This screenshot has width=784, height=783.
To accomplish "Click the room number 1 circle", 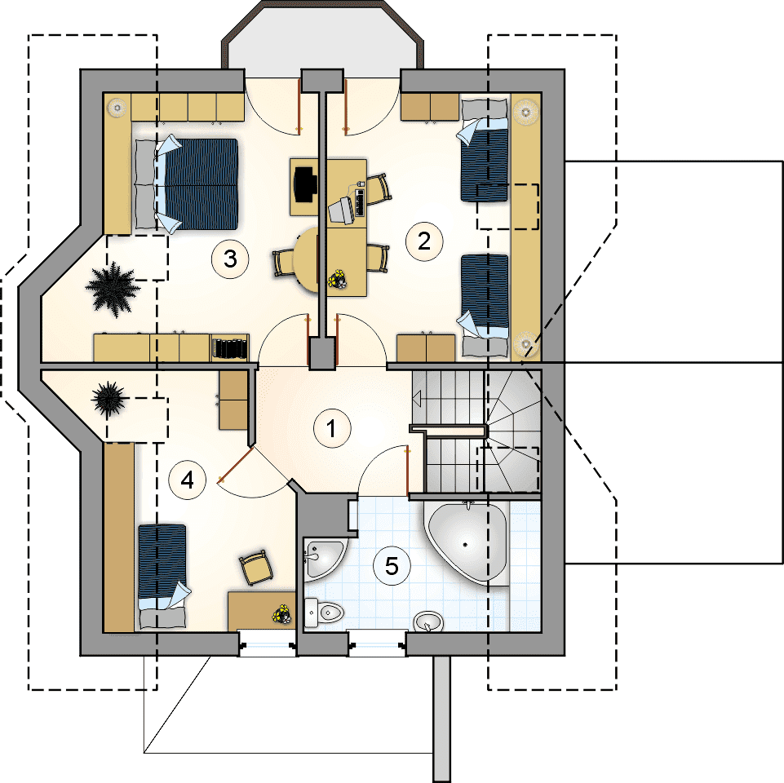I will click(x=331, y=427).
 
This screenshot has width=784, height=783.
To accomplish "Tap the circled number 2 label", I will click(x=423, y=241).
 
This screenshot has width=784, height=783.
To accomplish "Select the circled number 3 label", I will click(x=229, y=259).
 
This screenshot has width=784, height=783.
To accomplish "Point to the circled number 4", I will click(x=187, y=480).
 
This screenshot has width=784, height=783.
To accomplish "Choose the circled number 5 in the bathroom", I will click(x=392, y=565).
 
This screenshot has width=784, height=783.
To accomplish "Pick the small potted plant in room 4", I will click(x=107, y=399).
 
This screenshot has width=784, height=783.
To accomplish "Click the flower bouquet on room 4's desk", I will click(x=282, y=613).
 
